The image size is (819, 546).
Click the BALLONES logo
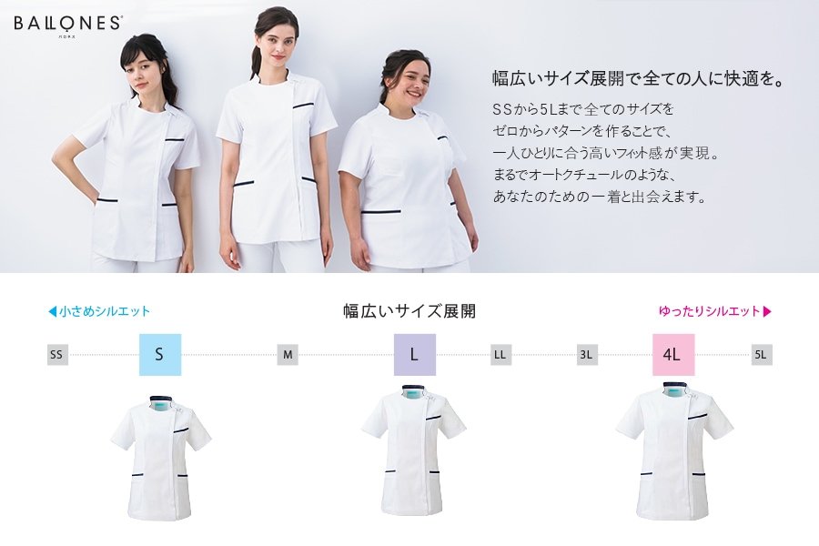click(x=68, y=25)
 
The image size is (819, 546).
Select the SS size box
click(x=57, y=355)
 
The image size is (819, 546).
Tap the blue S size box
click(x=160, y=354)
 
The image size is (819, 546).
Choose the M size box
click(x=288, y=355)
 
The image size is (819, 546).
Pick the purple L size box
click(x=415, y=354)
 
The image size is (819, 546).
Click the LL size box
click(x=500, y=355)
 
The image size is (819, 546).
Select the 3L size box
click(x=587, y=355)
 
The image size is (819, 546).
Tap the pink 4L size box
click(x=673, y=354)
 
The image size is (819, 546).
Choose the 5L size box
click(x=762, y=355)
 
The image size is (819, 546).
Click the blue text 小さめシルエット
click(x=105, y=311)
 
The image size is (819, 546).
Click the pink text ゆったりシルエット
click(x=709, y=311)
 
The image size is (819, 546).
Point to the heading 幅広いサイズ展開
click(x=409, y=311)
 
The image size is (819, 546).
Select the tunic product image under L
click(x=414, y=450)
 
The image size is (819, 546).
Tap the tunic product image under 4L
click(x=674, y=451)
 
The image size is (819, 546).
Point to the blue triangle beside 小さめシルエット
click(x=52, y=312)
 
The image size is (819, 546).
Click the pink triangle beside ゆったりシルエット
click(x=767, y=312)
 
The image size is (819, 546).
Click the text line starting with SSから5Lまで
click(x=583, y=109)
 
